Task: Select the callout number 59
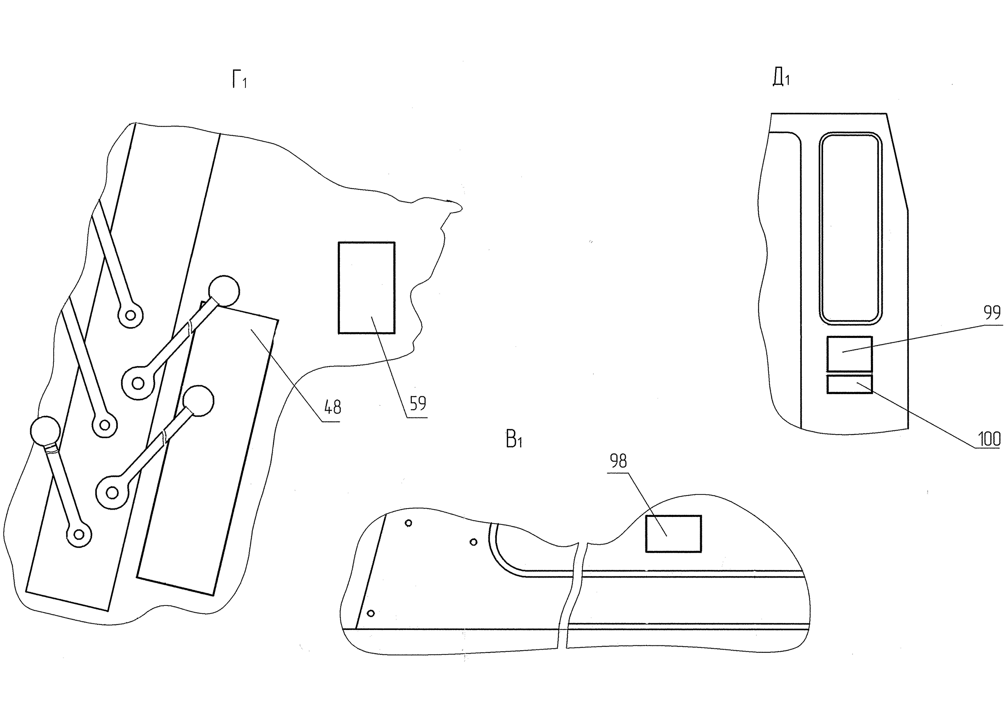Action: pos(418,403)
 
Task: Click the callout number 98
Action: pos(618,461)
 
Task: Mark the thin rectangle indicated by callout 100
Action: pos(850,384)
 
